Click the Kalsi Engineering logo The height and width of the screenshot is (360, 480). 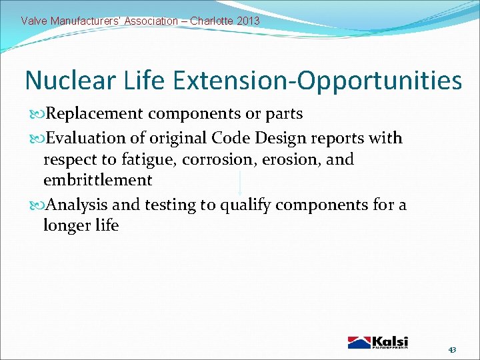377,341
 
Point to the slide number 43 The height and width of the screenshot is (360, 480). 452,350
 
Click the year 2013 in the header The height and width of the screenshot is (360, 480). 247,21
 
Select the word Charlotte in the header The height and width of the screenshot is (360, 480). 210,21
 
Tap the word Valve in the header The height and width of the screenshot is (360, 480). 34,21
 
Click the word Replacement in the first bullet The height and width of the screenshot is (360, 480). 95,114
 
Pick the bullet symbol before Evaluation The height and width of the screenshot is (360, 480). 38,139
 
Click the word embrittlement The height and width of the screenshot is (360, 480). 97,180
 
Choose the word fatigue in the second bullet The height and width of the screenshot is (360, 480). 151,160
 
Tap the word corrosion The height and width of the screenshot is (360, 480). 214,160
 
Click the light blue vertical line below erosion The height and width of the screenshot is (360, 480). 240,183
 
